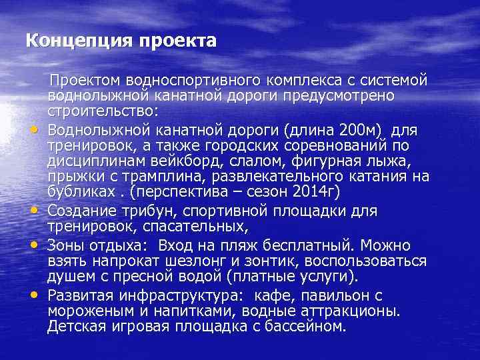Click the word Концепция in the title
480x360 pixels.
pos(79,41)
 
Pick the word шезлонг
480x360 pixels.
pos(194,261)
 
